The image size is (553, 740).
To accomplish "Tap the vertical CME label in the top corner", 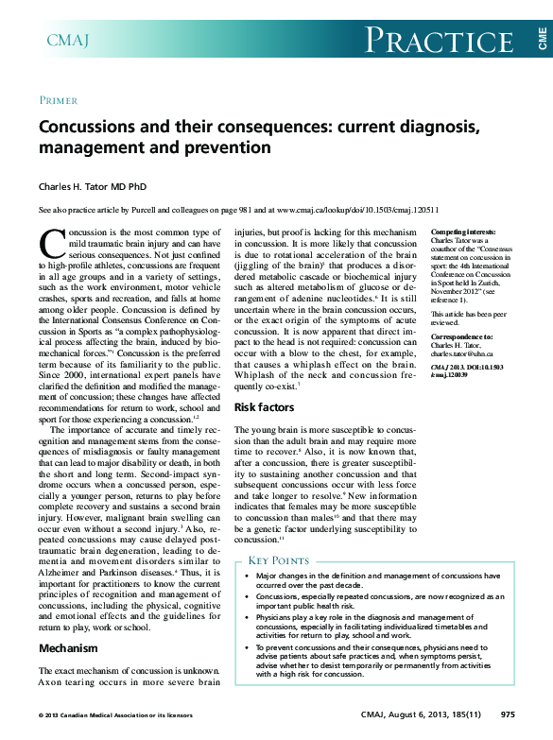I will [x=543, y=39].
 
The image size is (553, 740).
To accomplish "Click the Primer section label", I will [x=59, y=99].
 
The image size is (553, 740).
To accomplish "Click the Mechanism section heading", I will [x=67, y=649].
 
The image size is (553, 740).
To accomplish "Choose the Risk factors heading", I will [x=264, y=407].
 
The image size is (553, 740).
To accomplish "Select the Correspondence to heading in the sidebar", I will [x=461, y=336].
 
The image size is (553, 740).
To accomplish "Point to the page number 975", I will [x=508, y=715].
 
